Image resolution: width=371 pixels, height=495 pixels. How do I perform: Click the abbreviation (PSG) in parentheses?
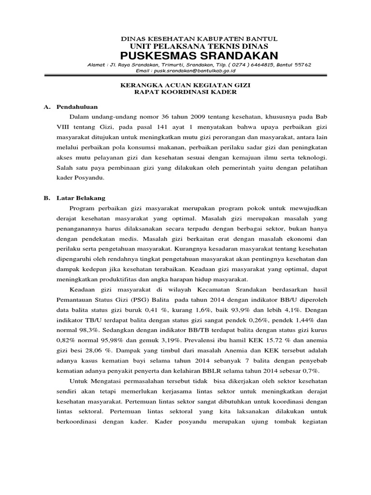[143, 299]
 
